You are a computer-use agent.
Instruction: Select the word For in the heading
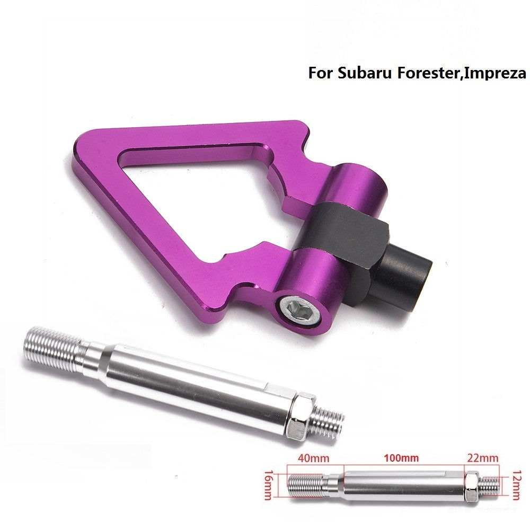[321, 73]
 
